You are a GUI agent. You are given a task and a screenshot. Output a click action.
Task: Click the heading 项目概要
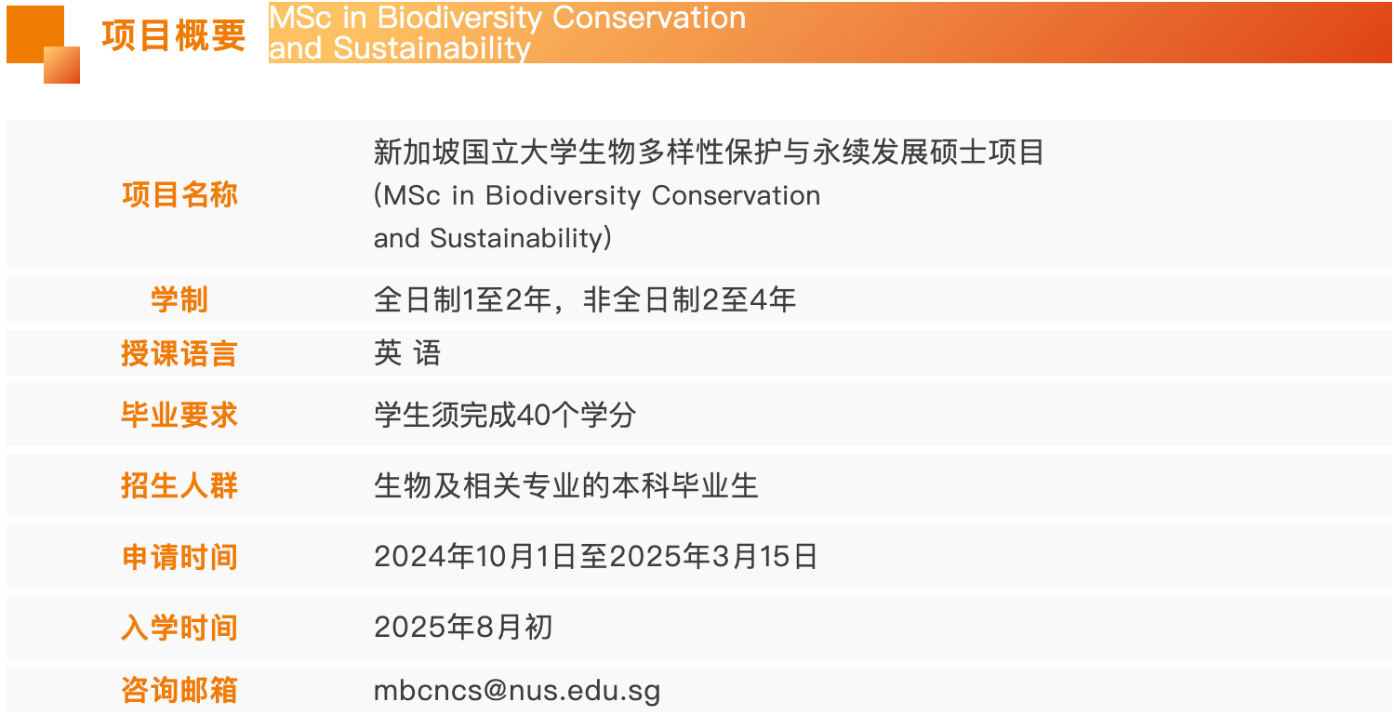(174, 35)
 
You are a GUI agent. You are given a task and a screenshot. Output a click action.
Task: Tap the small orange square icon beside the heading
(43, 45)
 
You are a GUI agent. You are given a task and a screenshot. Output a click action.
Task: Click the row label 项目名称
(179, 194)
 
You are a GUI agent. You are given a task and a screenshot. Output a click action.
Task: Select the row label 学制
(179, 299)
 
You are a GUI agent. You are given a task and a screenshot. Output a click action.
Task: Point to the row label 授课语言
(179, 353)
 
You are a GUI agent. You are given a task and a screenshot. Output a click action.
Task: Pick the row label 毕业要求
(179, 415)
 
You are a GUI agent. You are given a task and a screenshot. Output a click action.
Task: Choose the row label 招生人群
(179, 485)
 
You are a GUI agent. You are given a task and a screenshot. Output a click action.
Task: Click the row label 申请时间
(179, 556)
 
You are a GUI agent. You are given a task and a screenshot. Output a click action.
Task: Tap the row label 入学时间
(179, 628)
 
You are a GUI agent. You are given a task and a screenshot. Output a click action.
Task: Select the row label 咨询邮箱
(179, 690)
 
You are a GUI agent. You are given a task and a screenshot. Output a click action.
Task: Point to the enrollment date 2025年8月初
(463, 627)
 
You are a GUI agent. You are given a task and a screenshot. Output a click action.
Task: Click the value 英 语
(407, 352)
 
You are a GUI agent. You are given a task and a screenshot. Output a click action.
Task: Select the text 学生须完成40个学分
(505, 415)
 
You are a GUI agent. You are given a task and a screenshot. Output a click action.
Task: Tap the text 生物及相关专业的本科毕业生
(565, 485)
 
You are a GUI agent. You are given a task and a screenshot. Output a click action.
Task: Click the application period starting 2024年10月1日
(595, 556)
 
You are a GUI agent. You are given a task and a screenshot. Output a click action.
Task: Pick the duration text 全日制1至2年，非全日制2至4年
(584, 299)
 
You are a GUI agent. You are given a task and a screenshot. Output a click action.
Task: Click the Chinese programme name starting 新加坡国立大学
(709, 152)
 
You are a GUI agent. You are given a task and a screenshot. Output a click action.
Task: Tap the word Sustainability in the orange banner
(431, 48)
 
